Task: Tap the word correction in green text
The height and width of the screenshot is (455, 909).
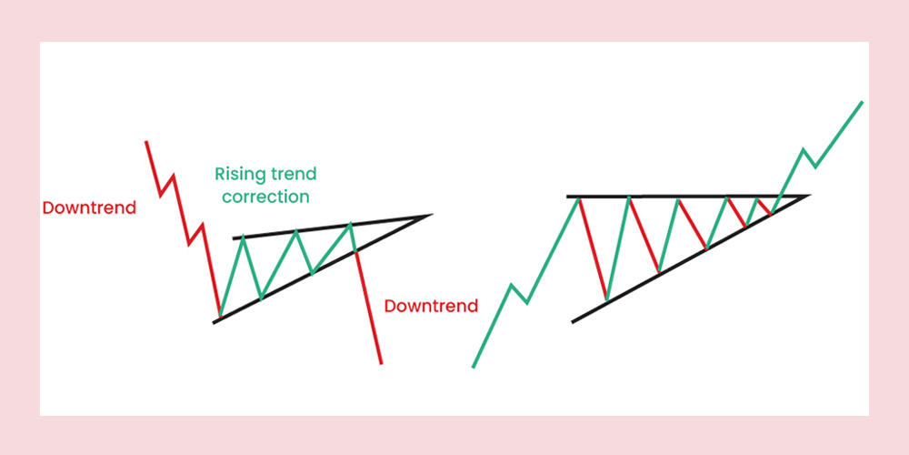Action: (x=265, y=197)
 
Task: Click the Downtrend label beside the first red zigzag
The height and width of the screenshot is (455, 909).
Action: (x=89, y=207)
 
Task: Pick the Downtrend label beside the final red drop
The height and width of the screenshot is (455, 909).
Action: (x=431, y=306)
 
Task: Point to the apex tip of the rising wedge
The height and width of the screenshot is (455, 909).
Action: (x=432, y=215)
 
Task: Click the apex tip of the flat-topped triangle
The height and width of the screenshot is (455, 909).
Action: (x=808, y=197)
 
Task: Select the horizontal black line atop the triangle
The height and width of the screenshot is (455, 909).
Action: (x=687, y=197)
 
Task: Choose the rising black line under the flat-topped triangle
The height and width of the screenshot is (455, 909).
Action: (x=690, y=258)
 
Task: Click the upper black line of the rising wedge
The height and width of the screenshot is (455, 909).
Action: (x=332, y=227)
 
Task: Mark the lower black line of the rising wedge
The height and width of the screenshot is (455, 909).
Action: (x=323, y=268)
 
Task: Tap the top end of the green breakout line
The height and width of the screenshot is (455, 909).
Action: (x=862, y=102)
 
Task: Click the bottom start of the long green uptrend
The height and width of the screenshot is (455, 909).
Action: (x=474, y=367)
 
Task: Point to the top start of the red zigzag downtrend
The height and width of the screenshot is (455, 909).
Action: (x=146, y=142)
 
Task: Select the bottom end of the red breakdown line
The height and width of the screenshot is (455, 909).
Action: (x=381, y=363)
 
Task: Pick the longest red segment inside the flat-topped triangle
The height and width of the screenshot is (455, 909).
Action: (x=593, y=248)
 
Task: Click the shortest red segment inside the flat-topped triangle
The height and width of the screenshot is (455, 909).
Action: (x=764, y=206)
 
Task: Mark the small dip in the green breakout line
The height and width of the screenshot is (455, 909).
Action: (x=815, y=167)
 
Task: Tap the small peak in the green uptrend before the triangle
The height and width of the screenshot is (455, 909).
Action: (x=511, y=285)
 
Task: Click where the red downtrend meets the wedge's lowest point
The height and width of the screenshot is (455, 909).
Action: (x=220, y=317)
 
